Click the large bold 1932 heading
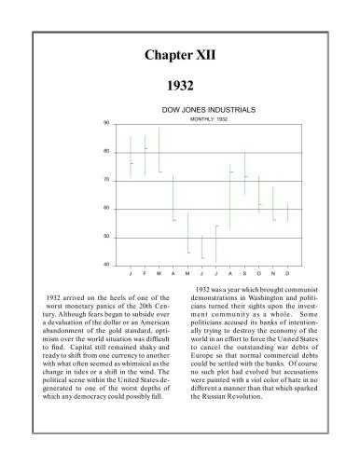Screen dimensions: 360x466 180,86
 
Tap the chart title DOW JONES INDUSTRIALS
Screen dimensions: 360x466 202,110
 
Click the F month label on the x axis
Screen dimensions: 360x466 145,275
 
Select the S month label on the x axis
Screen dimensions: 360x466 244,275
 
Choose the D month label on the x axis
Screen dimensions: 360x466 287,275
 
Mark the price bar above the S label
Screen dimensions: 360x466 244,174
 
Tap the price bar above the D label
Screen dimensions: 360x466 287,212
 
